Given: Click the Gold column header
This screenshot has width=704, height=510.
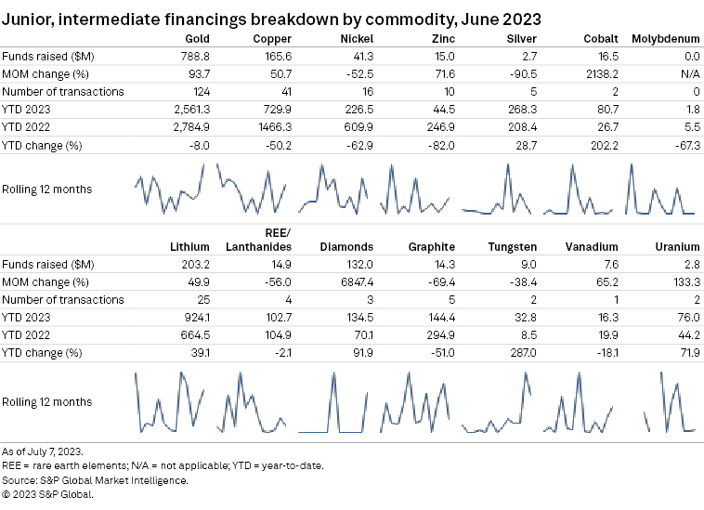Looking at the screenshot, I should tap(197, 38).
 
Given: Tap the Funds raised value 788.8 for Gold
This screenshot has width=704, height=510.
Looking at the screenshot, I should tap(193, 56).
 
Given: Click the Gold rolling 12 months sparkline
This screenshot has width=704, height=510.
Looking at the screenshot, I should tap(170, 190).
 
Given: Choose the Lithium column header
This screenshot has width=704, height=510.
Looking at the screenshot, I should tap(190, 246).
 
